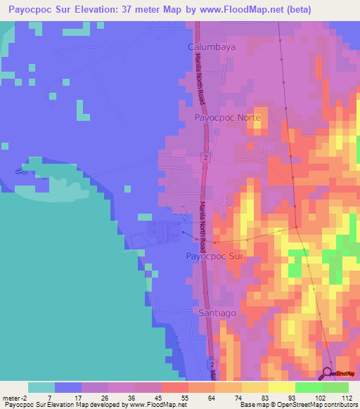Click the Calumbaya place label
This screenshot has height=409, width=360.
click(210, 46)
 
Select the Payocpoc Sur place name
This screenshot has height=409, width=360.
click(214, 257)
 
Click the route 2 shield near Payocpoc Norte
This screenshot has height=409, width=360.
click(205, 158)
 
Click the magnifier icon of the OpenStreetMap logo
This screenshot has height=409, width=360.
click(328, 374)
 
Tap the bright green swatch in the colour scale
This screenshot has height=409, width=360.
click(309, 387)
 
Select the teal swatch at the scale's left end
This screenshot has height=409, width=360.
click(41, 387)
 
